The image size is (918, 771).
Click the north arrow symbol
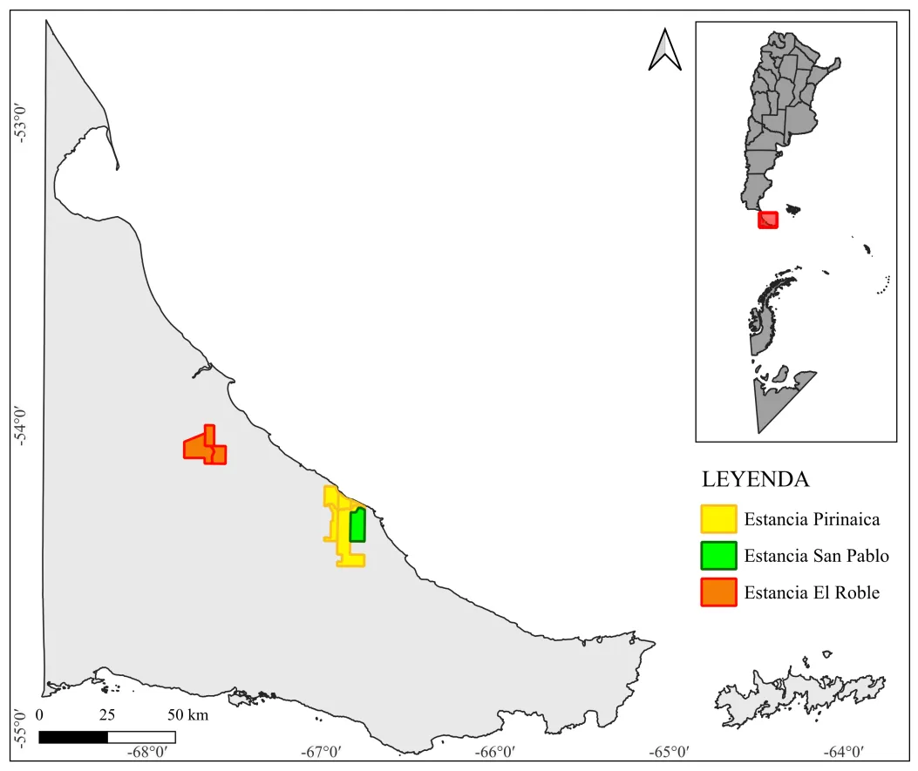pos(664,49)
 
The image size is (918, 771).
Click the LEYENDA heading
pos(756,479)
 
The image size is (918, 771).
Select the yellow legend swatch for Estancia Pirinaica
pos(718,519)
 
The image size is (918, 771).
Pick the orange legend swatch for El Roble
pos(718,592)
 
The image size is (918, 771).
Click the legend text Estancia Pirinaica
pos(812,520)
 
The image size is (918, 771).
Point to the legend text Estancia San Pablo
pos(816,556)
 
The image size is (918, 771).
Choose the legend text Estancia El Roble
pos(812,592)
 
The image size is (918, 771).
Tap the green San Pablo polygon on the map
pos(357,526)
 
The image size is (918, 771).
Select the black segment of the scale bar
pos(73,737)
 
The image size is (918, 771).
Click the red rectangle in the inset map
pos(767,220)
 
